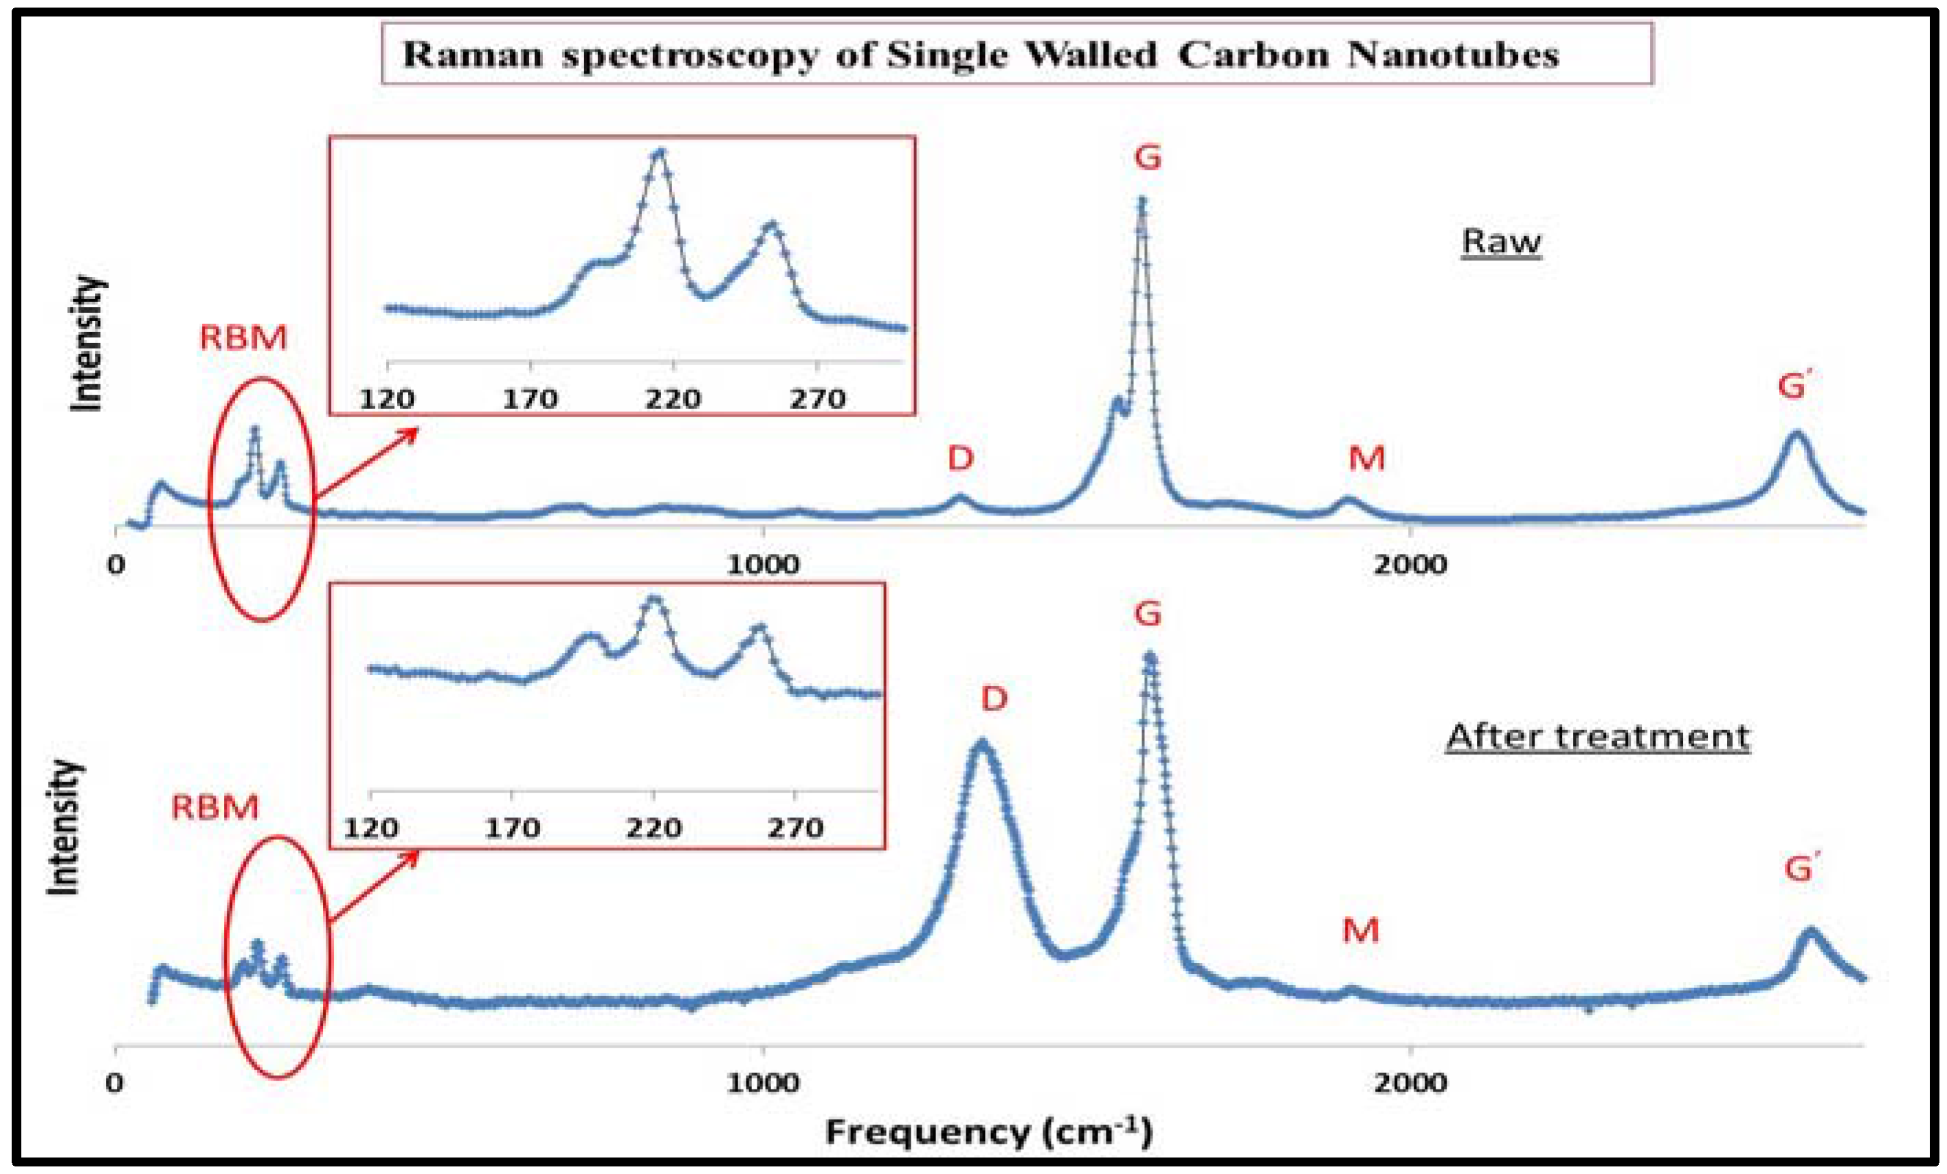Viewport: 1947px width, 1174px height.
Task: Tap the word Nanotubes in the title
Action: click(1453, 55)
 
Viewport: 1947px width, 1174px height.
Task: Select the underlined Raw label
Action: click(1500, 241)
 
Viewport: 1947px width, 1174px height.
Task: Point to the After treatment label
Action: click(1597, 736)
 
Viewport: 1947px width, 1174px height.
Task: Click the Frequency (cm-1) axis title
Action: click(988, 1131)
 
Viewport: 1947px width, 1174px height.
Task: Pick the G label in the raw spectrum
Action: click(1147, 157)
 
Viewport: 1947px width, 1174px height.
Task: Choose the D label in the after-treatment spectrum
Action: click(994, 698)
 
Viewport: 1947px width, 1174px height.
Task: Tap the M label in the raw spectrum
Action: click(1366, 458)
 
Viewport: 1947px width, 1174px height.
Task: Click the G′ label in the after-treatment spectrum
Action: click(1801, 869)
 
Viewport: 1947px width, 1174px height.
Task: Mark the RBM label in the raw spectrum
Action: click(243, 338)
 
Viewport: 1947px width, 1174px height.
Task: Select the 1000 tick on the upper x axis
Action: click(763, 564)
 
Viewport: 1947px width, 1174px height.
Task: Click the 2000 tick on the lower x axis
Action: click(1410, 1082)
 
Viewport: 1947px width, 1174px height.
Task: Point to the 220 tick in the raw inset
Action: click(672, 398)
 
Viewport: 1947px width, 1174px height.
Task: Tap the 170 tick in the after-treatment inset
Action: click(512, 828)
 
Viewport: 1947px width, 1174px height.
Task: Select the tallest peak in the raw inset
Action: click(660, 152)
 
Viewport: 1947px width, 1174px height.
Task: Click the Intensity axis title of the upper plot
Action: click(87, 344)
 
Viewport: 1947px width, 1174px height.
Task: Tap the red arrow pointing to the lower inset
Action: click(371, 887)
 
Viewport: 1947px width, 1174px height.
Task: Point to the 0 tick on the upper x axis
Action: click(116, 564)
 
